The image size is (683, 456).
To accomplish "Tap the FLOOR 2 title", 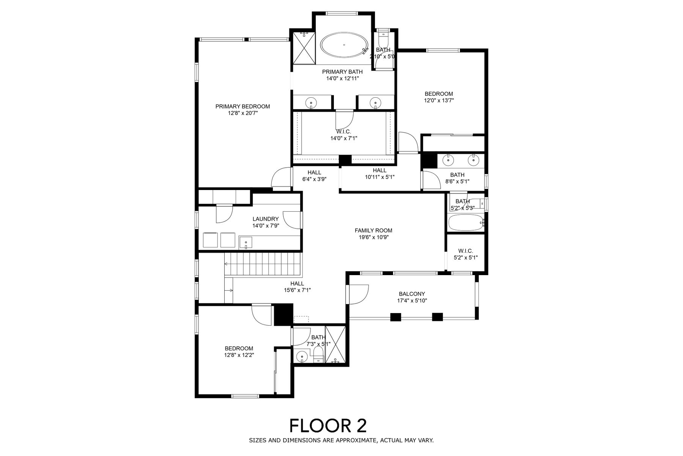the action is coord(328,426).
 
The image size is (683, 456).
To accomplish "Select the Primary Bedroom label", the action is coord(242,106).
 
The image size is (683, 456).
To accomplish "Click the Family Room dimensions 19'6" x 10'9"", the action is coord(373,237).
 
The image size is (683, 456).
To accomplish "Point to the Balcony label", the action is coord(412,294).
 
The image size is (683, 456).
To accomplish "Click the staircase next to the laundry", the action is coord(262,264).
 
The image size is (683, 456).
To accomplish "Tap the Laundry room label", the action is coord(266,219).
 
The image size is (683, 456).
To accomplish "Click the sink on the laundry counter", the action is coord(246,242).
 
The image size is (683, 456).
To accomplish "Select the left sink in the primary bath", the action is coord(311,103).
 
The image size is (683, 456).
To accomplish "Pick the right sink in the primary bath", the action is coord(375,103).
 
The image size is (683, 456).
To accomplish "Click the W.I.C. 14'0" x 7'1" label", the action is coord(344,135).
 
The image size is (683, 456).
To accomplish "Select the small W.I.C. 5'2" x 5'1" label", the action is coord(466,254).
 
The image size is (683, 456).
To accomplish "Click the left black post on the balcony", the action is coord(396,317).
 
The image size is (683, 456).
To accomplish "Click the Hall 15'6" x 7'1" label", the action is coord(297,287).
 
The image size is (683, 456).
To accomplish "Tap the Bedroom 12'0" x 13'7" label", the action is coord(439,97).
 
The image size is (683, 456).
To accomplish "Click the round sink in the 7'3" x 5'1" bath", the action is coord(302,356).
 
